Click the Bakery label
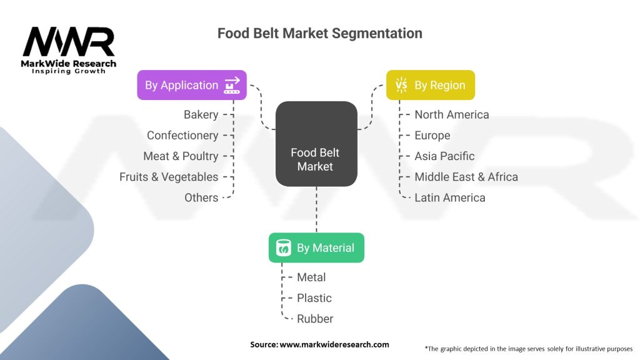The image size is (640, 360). pos(201,115)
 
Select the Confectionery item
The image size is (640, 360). pos(182,135)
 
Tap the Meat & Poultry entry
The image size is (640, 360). pos(181,156)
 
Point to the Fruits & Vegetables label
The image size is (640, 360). pos(169,177)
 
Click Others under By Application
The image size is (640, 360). pos(201,197)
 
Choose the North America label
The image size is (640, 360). pos(451,115)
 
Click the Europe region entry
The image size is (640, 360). pos(432,136)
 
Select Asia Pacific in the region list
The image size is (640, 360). pos(444,156)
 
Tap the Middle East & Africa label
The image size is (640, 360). pos(466,177)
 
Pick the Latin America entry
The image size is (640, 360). pos(450,197)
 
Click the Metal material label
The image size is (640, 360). pos(311,277)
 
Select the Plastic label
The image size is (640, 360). pos(314,298)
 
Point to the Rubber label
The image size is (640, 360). pos(315,319)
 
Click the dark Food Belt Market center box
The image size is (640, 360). pos(316,144)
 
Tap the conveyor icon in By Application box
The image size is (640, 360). pos(232,85)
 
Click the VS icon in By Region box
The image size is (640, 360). pos(401,85)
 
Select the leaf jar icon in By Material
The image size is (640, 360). pos(283,247)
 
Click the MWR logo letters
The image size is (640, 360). pos(69,42)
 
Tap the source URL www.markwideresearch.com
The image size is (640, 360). pos(334,344)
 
